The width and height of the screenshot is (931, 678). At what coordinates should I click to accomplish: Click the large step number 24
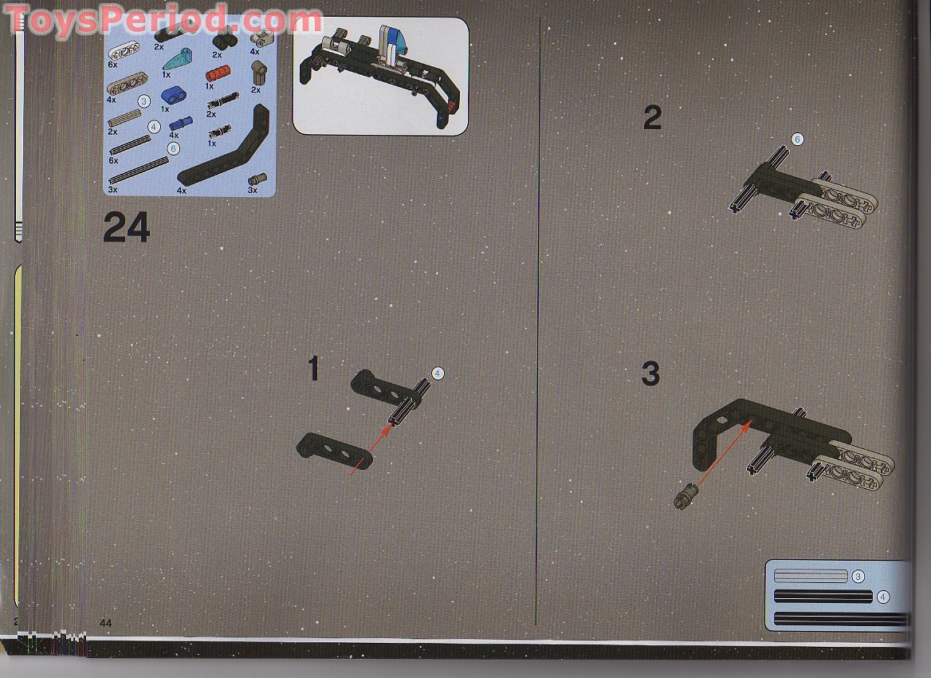click(x=127, y=227)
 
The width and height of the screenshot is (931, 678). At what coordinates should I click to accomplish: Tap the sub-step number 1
click(x=314, y=369)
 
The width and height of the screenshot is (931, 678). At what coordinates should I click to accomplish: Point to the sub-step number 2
click(x=652, y=118)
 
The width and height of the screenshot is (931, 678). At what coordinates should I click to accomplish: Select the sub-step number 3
click(x=650, y=374)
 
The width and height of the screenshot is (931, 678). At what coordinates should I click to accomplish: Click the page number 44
click(x=106, y=623)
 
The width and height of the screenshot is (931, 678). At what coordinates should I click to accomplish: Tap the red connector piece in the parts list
click(x=218, y=75)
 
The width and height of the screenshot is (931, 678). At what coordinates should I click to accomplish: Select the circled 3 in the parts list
click(x=143, y=101)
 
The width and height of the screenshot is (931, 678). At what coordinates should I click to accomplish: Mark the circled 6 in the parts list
click(x=173, y=148)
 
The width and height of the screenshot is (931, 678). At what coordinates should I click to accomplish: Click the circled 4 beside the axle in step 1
click(x=438, y=373)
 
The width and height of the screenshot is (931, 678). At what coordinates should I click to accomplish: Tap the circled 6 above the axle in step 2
click(x=797, y=139)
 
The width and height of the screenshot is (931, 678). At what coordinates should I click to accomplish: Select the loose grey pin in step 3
click(x=685, y=496)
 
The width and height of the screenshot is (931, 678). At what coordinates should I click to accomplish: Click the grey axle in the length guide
click(x=811, y=576)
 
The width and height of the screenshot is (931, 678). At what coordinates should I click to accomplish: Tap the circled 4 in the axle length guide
click(x=883, y=597)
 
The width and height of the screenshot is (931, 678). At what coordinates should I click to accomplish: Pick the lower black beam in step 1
click(x=334, y=451)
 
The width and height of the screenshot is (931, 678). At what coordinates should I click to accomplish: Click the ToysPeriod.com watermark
click(x=163, y=20)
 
